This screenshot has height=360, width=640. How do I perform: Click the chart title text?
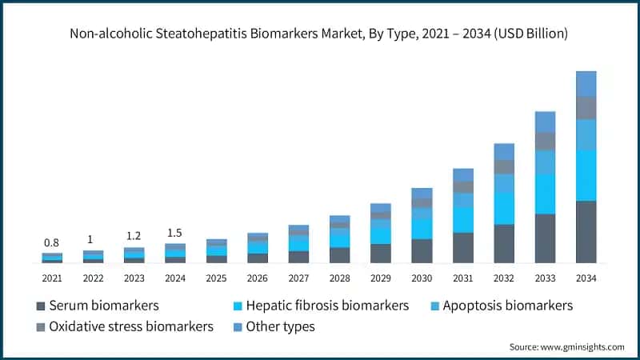[x=319, y=34]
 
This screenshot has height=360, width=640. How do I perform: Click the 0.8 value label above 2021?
[x=52, y=242]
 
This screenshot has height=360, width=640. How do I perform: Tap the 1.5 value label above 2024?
[x=175, y=233]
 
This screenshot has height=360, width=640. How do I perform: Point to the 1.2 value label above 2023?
[x=134, y=237]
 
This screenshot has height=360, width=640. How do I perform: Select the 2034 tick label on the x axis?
[x=586, y=278]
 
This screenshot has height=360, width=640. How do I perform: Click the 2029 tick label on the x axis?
[x=381, y=278]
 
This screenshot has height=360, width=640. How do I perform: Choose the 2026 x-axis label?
[x=258, y=278]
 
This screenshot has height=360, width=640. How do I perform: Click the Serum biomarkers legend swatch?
[x=41, y=306]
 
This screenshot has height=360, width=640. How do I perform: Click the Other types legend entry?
[x=280, y=326]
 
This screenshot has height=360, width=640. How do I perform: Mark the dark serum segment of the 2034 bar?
[x=586, y=232]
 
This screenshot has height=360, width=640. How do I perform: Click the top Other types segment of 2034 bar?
[x=586, y=83]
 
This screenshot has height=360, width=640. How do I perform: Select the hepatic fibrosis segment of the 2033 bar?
[x=545, y=194]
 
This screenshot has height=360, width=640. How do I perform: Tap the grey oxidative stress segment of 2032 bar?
[x=504, y=166]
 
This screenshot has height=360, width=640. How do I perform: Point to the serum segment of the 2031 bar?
[x=463, y=248]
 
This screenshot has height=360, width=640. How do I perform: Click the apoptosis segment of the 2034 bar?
[x=586, y=134]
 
